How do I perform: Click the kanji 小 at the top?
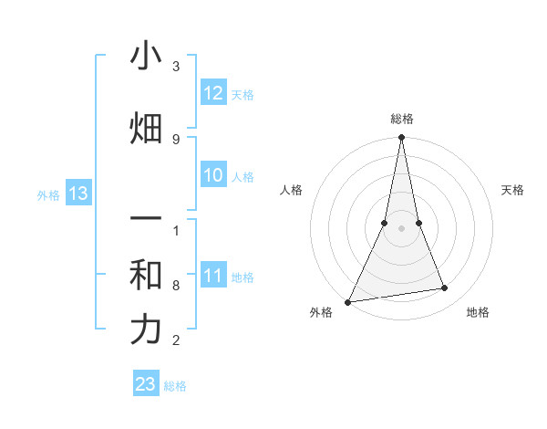pyautogui.click(x=146, y=56)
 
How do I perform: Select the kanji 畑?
pyautogui.click(x=146, y=129)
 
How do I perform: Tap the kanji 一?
pyautogui.click(x=146, y=221)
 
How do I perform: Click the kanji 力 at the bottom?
pyautogui.click(x=146, y=330)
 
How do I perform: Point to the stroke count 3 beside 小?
pyautogui.click(x=176, y=68)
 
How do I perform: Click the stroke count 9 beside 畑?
pyautogui.click(x=176, y=139)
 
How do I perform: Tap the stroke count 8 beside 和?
pyautogui.click(x=176, y=286)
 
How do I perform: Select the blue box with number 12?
pyautogui.click(x=213, y=93)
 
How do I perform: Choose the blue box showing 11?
pyautogui.click(x=213, y=276)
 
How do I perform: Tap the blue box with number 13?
pyautogui.click(x=77, y=194)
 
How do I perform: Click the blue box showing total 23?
pyautogui.click(x=146, y=384)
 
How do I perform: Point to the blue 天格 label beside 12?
pyautogui.click(x=243, y=95)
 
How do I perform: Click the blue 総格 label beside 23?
pyautogui.click(x=175, y=386)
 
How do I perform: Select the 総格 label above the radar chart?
pyautogui.click(x=401, y=119)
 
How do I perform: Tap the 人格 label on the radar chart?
pyautogui.click(x=291, y=190)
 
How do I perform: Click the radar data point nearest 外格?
pyautogui.click(x=348, y=302)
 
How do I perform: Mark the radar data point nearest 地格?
pyautogui.click(x=445, y=288)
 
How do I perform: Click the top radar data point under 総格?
pyautogui.click(x=401, y=138)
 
